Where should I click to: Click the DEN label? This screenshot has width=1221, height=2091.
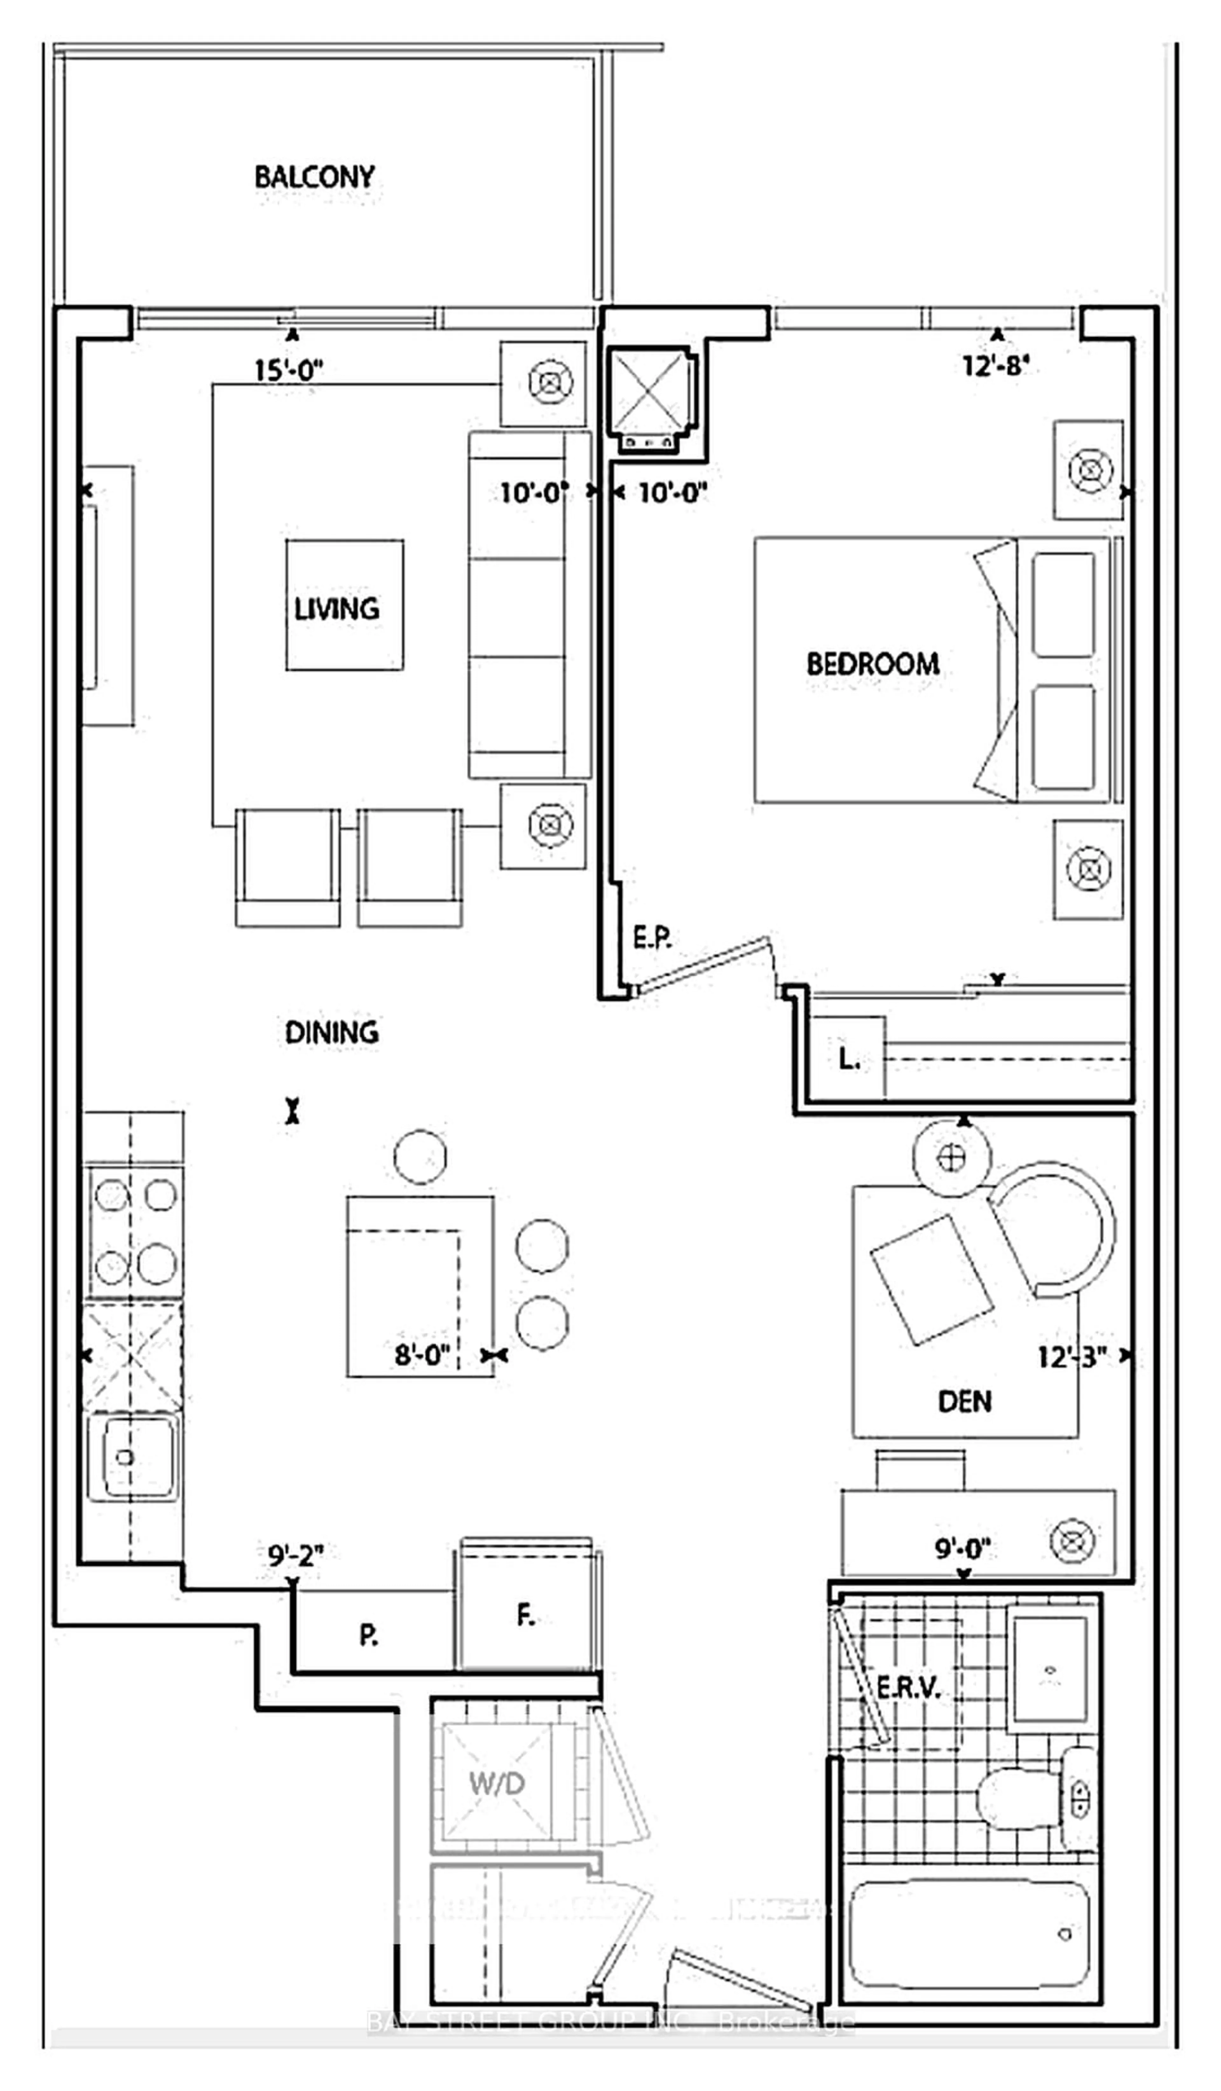[x=964, y=1401]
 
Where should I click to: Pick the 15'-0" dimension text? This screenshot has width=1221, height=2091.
[x=288, y=370]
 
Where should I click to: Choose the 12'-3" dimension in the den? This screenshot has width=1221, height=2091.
[x=1072, y=1357]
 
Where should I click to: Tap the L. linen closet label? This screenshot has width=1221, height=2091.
[x=848, y=1059]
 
